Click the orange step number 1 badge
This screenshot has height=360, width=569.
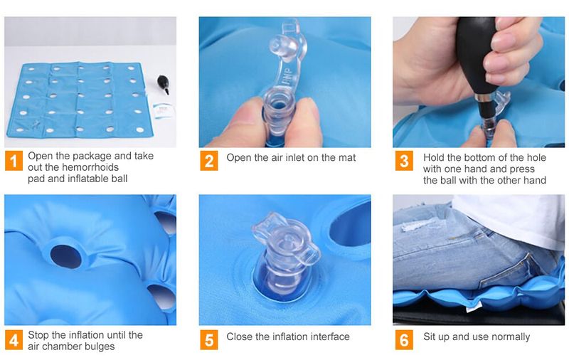pyautogui.click(x=14, y=161)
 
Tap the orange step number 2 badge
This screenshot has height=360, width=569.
pyautogui.click(x=209, y=161)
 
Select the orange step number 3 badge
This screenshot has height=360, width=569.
pyautogui.click(x=404, y=161)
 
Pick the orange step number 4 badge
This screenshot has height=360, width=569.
pyautogui.click(x=14, y=340)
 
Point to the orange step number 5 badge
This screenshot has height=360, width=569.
pyautogui.click(x=209, y=340)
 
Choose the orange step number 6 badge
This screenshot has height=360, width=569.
pyautogui.click(x=404, y=340)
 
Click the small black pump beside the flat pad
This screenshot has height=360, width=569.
pyautogui.click(x=164, y=83)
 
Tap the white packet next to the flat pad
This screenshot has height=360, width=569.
pyautogui.click(x=162, y=110)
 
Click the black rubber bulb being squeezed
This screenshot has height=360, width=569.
pyautogui.click(x=474, y=55)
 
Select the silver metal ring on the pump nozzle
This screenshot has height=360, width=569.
pyautogui.click(x=483, y=98)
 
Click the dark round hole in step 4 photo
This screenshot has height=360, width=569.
pyautogui.click(x=66, y=257)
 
